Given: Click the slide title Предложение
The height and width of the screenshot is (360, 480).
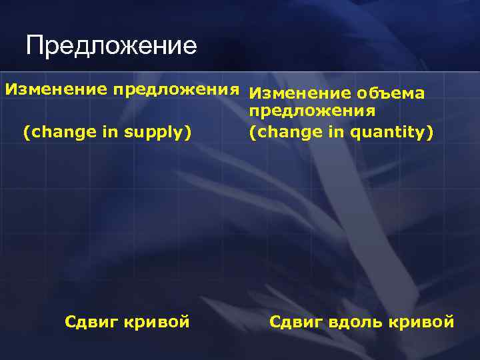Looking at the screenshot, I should [x=111, y=46].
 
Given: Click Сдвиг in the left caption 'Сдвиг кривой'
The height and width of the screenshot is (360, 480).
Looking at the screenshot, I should [x=89, y=322].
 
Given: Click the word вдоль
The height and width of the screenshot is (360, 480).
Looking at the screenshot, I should [x=358, y=323].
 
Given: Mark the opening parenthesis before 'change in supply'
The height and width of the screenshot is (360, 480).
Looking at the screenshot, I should [x=26, y=133].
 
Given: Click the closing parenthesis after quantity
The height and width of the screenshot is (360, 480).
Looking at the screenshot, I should [x=430, y=133].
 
